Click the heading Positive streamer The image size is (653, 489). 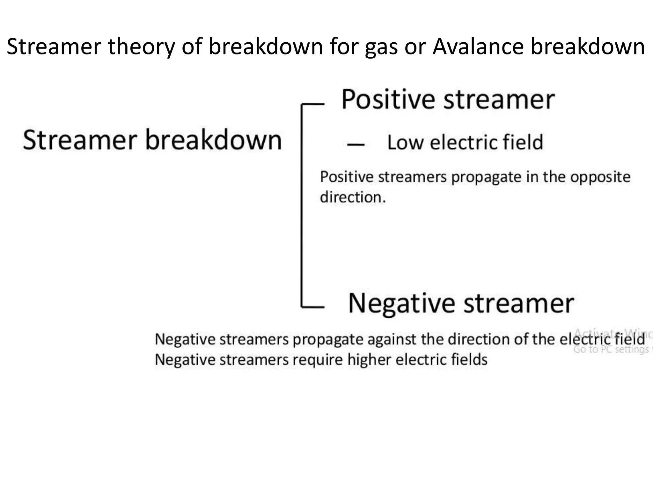click(448, 100)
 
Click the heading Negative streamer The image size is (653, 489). click(461, 303)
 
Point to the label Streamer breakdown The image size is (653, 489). click(152, 140)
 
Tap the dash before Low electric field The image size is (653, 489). click(356, 145)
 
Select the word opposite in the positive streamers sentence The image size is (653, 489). click(600, 177)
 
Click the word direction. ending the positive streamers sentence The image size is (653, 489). click(353, 197)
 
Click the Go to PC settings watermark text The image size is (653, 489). click(611, 350)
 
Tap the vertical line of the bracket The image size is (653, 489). click(302, 205)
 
